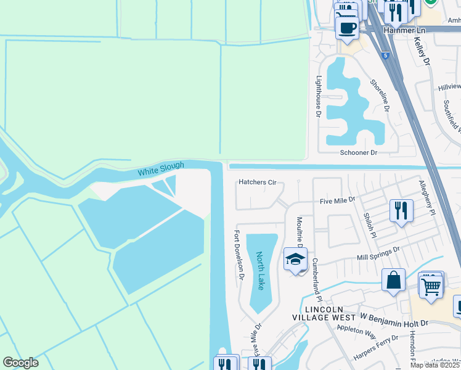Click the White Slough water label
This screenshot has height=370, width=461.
click(161, 169)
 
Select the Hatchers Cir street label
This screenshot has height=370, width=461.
click(258, 183)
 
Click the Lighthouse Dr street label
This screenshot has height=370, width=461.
click(319, 96)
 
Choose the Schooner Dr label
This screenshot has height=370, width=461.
click(358, 152)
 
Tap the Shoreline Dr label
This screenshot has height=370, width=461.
click(380, 95)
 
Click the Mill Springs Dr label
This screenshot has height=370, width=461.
click(378, 253)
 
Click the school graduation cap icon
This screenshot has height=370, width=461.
click(295, 259)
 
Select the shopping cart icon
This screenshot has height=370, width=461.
click(431, 285)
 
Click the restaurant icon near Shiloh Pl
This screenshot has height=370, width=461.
click(401, 211)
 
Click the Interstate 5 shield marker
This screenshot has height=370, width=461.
click(385, 55)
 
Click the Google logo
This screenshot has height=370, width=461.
click(20, 363)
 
